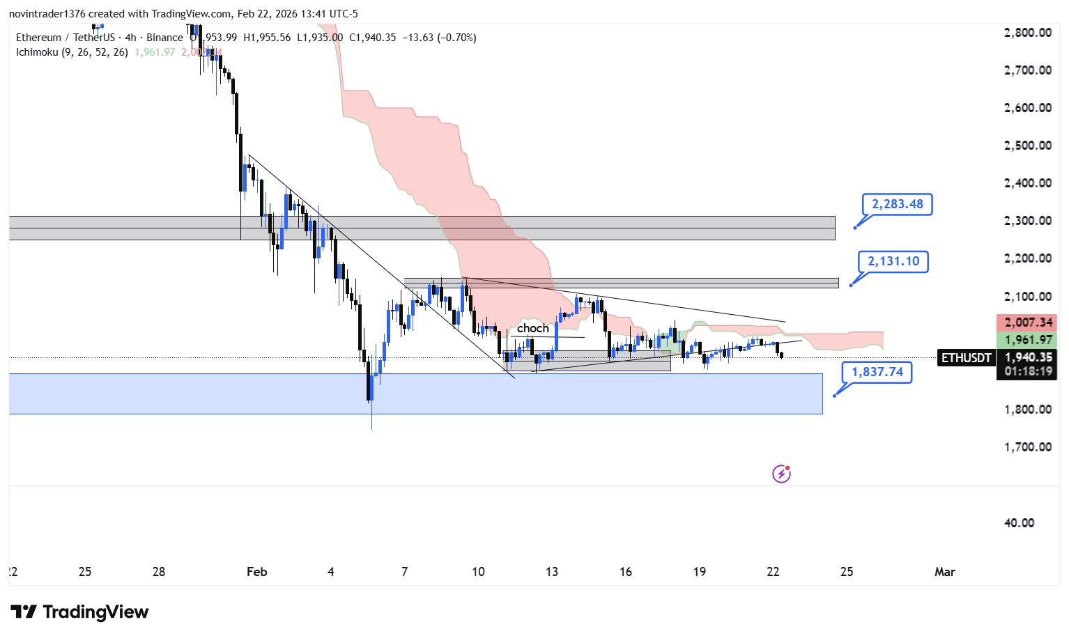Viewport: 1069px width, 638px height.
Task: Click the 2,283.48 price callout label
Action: tap(897, 204)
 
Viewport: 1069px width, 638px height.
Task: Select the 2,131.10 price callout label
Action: tap(893, 261)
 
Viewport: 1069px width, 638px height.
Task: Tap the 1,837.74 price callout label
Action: tap(877, 372)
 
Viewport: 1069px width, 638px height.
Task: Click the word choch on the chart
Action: tap(532, 328)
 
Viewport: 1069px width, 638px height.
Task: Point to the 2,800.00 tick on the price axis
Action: tap(1027, 33)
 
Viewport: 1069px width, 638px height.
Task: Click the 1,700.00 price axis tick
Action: tap(1027, 447)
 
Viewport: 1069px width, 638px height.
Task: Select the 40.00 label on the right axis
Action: tap(1019, 523)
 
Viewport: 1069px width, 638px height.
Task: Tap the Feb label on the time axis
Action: tap(256, 572)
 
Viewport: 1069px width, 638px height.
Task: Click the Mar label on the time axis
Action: tap(944, 572)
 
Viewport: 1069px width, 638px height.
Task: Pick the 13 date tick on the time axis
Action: tap(552, 572)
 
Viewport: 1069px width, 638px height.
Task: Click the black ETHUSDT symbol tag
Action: tap(966, 358)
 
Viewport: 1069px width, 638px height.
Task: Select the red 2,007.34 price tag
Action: tap(1028, 322)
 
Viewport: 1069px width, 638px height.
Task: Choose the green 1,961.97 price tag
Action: tap(1028, 340)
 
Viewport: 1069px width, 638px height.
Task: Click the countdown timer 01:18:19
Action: tap(1028, 371)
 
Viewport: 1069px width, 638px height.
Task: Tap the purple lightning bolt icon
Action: tap(781, 474)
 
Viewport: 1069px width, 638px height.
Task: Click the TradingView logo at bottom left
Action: tap(80, 612)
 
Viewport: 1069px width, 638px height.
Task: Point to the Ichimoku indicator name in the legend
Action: tap(37, 52)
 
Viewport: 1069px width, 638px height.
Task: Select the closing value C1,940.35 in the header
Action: tap(372, 38)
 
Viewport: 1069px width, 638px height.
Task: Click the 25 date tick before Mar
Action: tap(847, 572)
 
